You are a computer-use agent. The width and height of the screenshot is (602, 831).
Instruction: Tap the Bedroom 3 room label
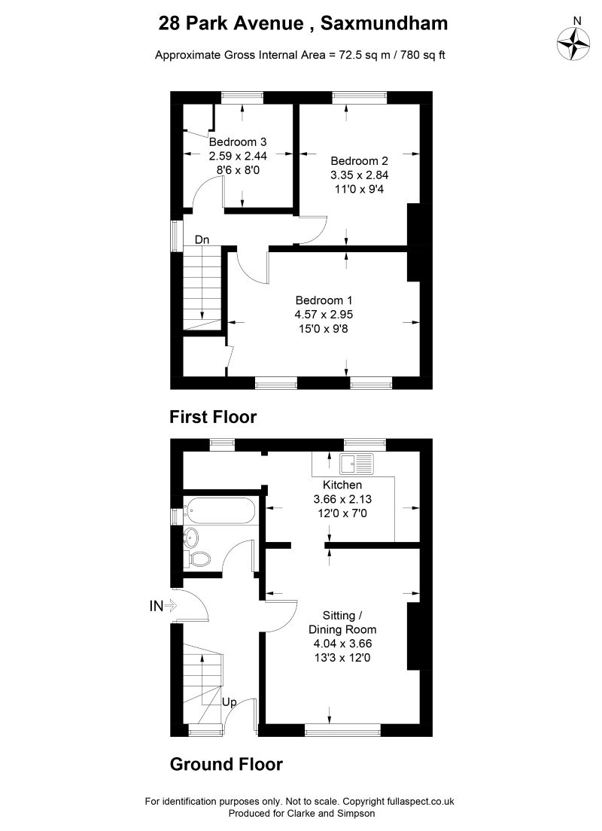[238, 142]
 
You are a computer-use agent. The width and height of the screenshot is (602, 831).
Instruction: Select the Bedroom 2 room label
[359, 160]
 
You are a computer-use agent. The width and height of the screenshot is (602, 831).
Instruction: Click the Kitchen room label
[342, 485]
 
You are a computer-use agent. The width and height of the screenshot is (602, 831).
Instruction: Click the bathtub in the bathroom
[221, 512]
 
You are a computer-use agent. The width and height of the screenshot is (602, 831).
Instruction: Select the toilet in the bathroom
[199, 558]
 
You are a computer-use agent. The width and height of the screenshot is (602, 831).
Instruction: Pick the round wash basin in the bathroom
[191, 536]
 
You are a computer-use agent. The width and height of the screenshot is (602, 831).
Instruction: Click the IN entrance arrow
[163, 604]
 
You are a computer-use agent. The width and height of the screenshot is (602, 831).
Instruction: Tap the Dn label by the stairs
[202, 240]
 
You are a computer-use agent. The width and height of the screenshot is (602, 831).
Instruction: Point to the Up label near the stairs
[230, 702]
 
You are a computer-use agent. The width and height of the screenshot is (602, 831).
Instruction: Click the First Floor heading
[213, 416]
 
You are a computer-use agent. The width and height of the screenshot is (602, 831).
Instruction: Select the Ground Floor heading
[226, 765]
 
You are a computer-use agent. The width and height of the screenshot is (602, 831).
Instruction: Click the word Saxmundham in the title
[384, 23]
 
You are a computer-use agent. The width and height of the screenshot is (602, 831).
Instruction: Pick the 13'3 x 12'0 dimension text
[342, 658]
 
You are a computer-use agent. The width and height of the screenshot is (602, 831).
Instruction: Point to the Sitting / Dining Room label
[342, 622]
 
